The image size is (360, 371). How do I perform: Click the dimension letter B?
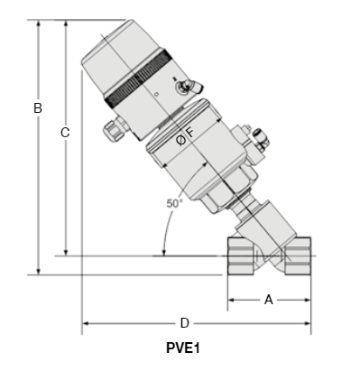[x=38, y=107]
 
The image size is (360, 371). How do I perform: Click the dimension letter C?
[x=65, y=133]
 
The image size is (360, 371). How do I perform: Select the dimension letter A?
[x=268, y=300]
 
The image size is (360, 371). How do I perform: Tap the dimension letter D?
[x=184, y=323]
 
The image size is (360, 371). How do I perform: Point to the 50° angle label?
[x=174, y=203]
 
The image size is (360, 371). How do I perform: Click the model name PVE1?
[x=183, y=348]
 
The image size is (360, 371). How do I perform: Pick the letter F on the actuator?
[x=190, y=133]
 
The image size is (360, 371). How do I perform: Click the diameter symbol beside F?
[x=180, y=140]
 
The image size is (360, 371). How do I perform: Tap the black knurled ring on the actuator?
[x=138, y=78]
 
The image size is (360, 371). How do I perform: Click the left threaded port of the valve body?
[x=241, y=255]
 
